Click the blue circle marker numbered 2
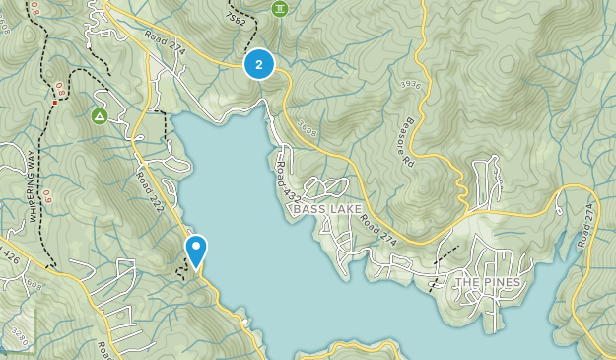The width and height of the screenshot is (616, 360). click(258, 65)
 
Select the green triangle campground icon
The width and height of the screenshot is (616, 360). click(100, 116)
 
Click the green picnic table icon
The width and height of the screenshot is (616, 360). click(280, 8)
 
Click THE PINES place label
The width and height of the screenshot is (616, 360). click(487, 283)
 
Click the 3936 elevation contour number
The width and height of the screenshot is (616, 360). click(411, 85)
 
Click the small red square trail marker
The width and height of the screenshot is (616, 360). click(54, 102)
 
